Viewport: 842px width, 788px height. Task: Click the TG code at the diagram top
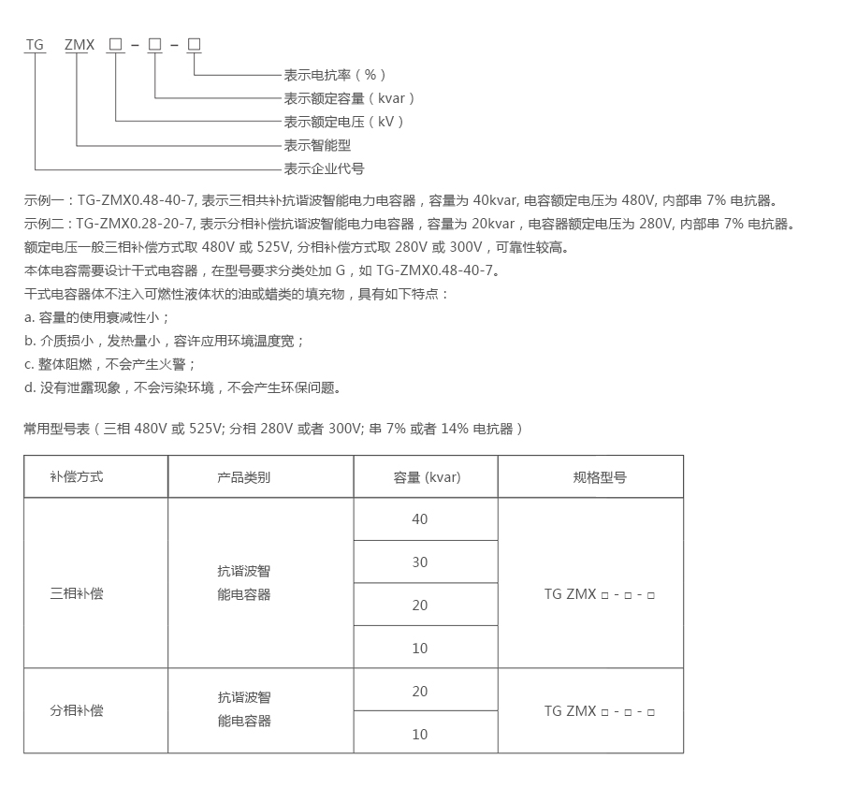click(x=35, y=45)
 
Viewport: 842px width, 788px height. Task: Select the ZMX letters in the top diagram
click(x=79, y=45)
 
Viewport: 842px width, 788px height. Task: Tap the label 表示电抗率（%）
click(x=335, y=75)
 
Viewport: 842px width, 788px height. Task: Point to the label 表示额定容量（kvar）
click(x=349, y=98)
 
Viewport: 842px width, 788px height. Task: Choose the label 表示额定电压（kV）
click(x=344, y=122)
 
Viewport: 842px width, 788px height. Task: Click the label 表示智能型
click(x=317, y=145)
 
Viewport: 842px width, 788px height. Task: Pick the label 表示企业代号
click(x=324, y=168)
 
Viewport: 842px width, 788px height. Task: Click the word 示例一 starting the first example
click(x=43, y=200)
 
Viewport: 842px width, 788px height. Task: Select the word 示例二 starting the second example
click(x=43, y=224)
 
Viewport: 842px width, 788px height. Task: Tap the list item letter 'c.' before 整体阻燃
click(x=30, y=364)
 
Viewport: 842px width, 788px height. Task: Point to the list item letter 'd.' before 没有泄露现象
click(x=30, y=387)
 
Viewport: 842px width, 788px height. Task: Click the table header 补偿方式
click(x=77, y=476)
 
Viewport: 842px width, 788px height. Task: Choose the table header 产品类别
click(x=243, y=476)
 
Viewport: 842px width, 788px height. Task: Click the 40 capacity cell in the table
click(x=419, y=519)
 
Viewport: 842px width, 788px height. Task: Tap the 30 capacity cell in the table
click(x=419, y=562)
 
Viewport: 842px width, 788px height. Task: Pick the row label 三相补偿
click(x=77, y=593)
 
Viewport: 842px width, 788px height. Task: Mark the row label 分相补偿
click(x=77, y=710)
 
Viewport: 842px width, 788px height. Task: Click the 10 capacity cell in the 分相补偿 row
click(x=419, y=735)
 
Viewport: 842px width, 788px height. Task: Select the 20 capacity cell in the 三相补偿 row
click(x=419, y=606)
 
